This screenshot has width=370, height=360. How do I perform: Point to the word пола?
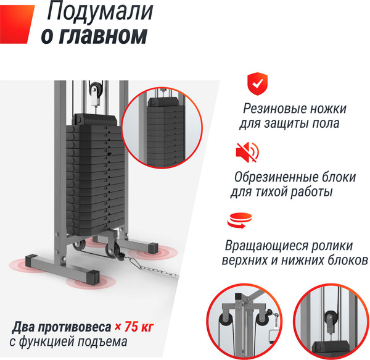pyautogui.click(x=325, y=123)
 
